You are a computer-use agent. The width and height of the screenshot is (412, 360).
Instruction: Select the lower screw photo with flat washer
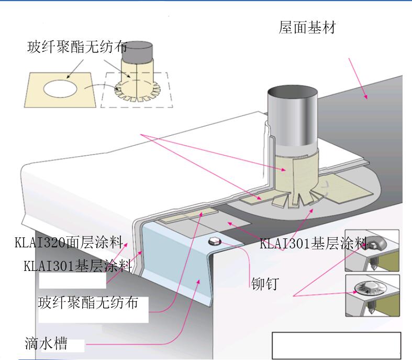point(372,296)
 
